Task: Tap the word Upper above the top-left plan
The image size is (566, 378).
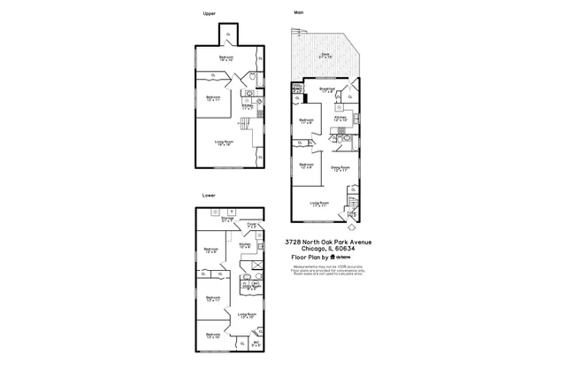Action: click(209, 13)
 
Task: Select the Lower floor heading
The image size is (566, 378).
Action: click(209, 195)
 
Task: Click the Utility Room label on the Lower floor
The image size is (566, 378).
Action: click(250, 288)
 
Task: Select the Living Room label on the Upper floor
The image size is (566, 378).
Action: click(224, 143)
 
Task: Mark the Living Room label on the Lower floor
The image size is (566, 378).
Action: click(247, 315)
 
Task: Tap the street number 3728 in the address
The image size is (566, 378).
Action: click(294, 242)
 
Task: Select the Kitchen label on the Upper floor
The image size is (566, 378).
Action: click(248, 108)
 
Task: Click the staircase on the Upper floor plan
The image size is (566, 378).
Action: click(236, 127)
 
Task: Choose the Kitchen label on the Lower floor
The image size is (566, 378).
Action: click(245, 245)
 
